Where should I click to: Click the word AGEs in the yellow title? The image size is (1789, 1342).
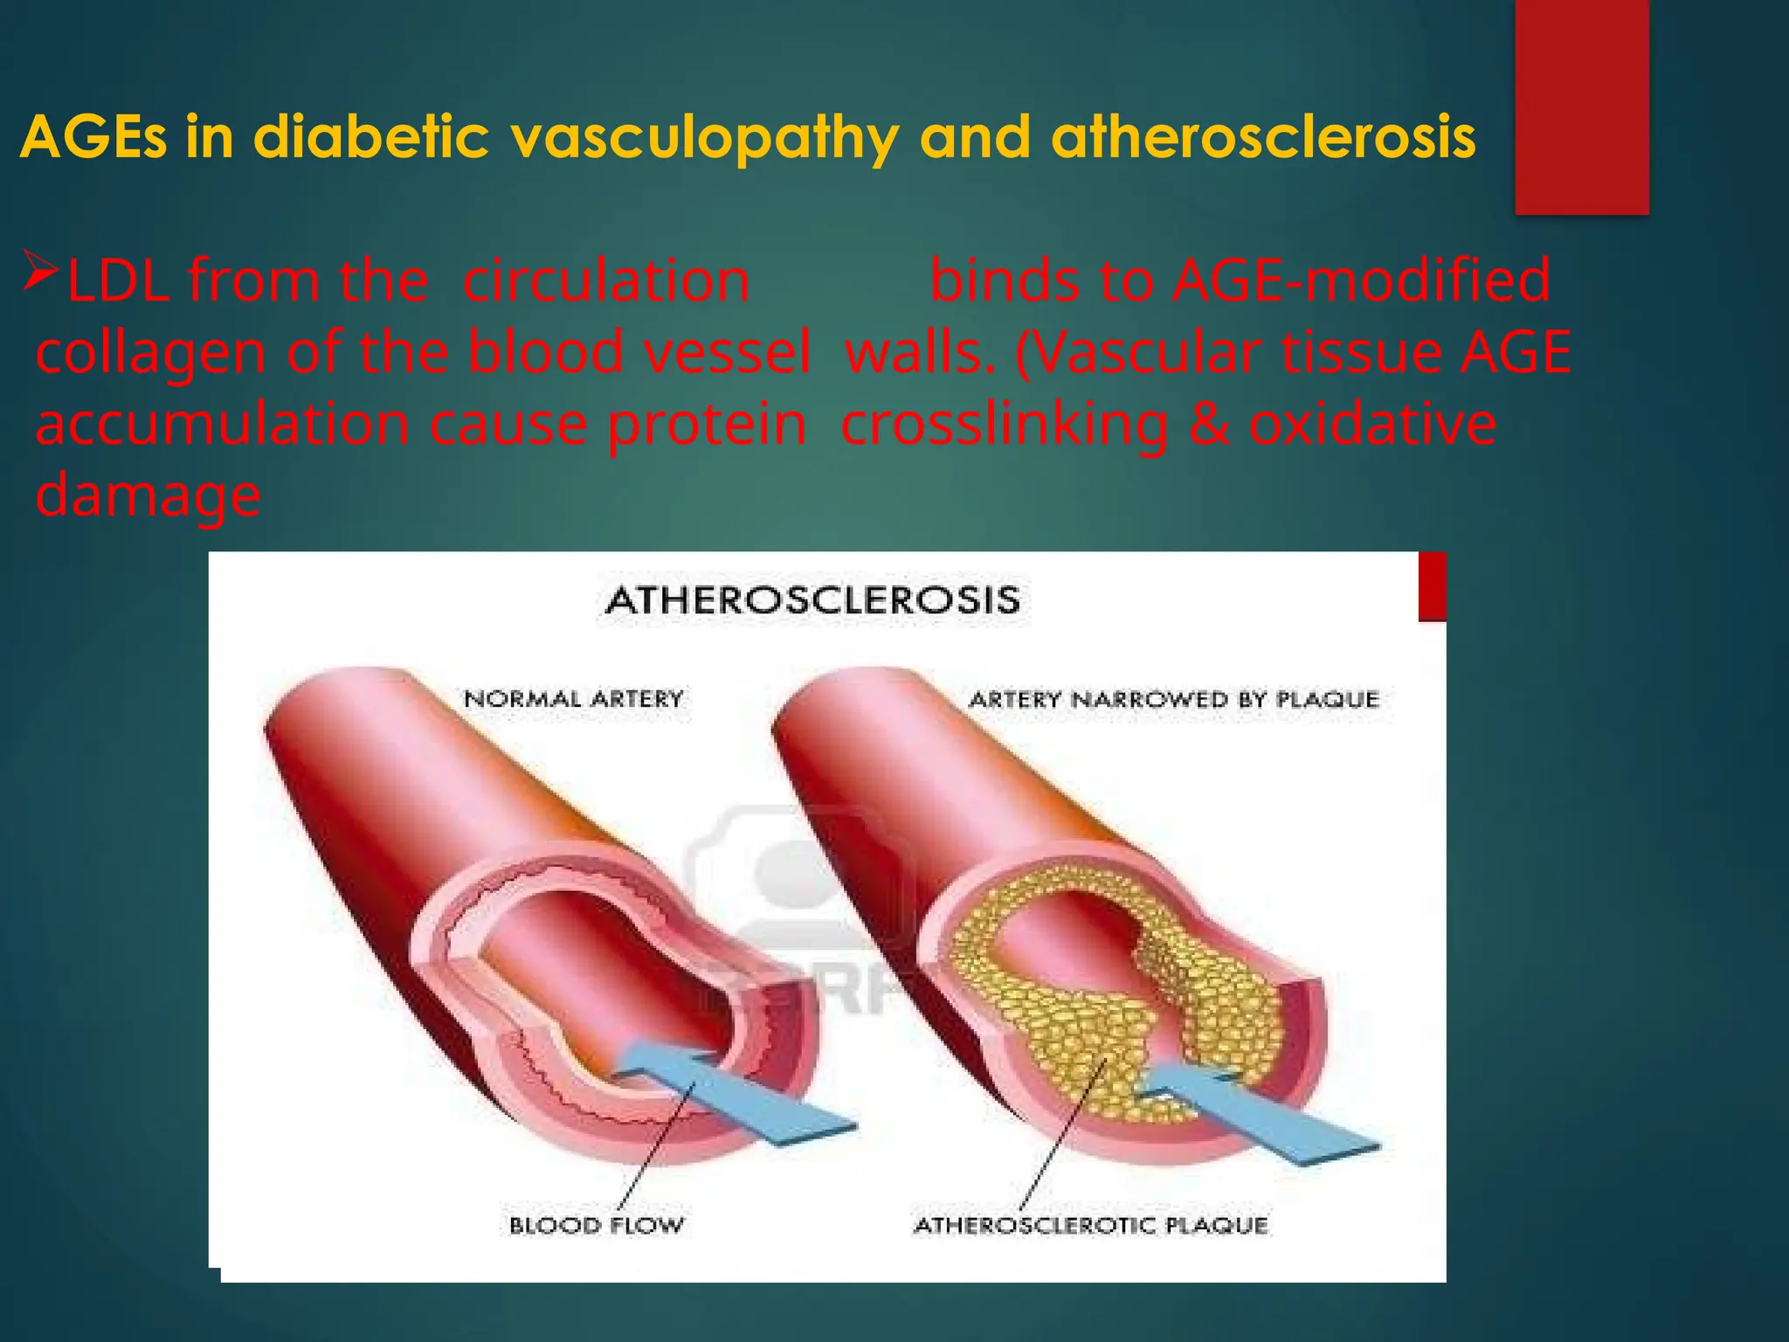pos(93,138)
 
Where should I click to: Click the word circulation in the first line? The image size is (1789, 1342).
pos(606,281)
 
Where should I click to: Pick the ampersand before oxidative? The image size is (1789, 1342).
pos(1207,425)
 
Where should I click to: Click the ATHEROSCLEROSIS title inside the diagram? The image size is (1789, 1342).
pos(812,600)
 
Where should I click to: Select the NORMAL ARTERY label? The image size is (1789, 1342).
pos(573,699)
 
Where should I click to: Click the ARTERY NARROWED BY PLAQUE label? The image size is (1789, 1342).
pos(1173,700)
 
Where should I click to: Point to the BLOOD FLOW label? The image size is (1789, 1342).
pos(596,1225)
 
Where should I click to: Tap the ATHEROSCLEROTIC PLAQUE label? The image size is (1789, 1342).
pos(1090,1225)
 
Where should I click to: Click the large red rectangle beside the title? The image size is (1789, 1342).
pos(1581,107)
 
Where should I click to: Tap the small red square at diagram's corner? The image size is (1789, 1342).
pos(1433,586)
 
